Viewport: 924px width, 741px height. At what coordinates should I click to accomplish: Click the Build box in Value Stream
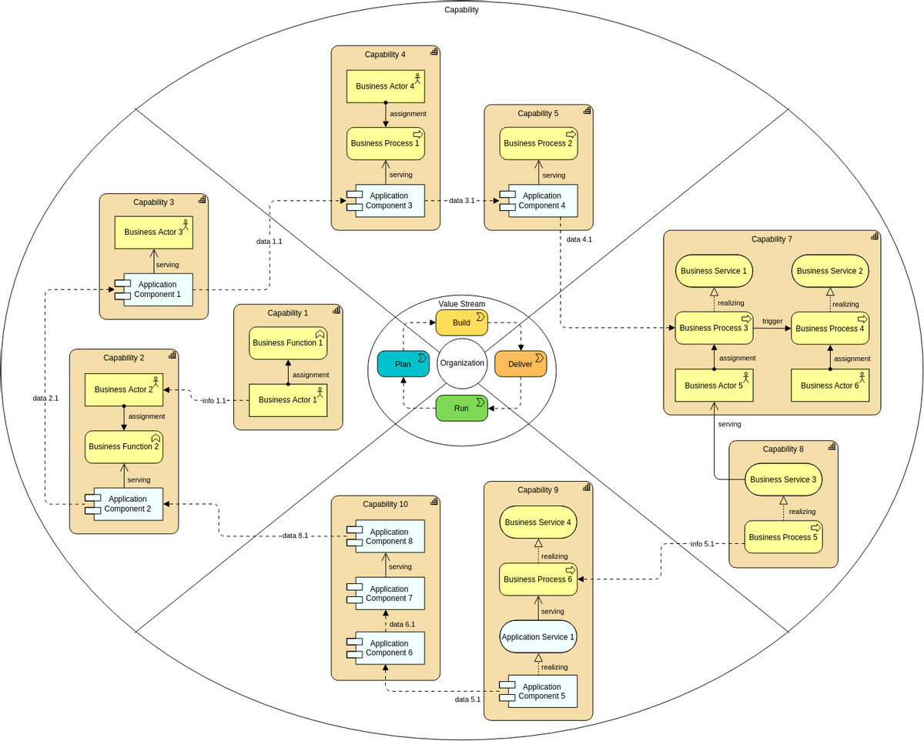pyautogui.click(x=462, y=323)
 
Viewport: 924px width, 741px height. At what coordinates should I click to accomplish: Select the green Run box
pyautogui.click(x=462, y=408)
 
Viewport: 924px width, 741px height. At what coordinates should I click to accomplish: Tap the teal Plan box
pyautogui.click(x=403, y=363)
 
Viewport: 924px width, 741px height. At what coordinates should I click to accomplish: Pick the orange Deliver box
pyautogui.click(x=521, y=364)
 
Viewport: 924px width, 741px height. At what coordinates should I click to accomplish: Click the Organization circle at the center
pyautogui.click(x=462, y=363)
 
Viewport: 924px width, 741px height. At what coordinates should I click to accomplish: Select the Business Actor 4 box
pyautogui.click(x=385, y=86)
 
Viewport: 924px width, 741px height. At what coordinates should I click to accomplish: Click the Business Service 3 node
pyautogui.click(x=783, y=479)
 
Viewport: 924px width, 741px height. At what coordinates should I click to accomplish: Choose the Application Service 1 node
pyautogui.click(x=538, y=637)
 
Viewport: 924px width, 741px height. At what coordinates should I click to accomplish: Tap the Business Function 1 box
pyautogui.click(x=288, y=343)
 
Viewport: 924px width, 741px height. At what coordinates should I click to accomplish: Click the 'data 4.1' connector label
pyautogui.click(x=579, y=239)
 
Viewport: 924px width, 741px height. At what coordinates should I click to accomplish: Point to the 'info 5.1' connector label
pyautogui.click(x=702, y=544)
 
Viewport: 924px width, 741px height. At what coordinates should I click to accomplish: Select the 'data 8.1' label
pyautogui.click(x=295, y=536)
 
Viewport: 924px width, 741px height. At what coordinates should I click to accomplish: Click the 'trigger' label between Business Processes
pyautogui.click(x=772, y=321)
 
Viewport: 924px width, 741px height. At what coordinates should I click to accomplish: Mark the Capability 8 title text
pyautogui.click(x=783, y=449)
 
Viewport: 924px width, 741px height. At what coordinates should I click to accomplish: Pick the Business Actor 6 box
pyautogui.click(x=830, y=386)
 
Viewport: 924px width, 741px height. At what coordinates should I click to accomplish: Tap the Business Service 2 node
pyautogui.click(x=830, y=271)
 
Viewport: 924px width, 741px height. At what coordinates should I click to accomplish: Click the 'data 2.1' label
pyautogui.click(x=45, y=398)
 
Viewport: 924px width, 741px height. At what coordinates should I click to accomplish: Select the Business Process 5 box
pyautogui.click(x=783, y=537)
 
